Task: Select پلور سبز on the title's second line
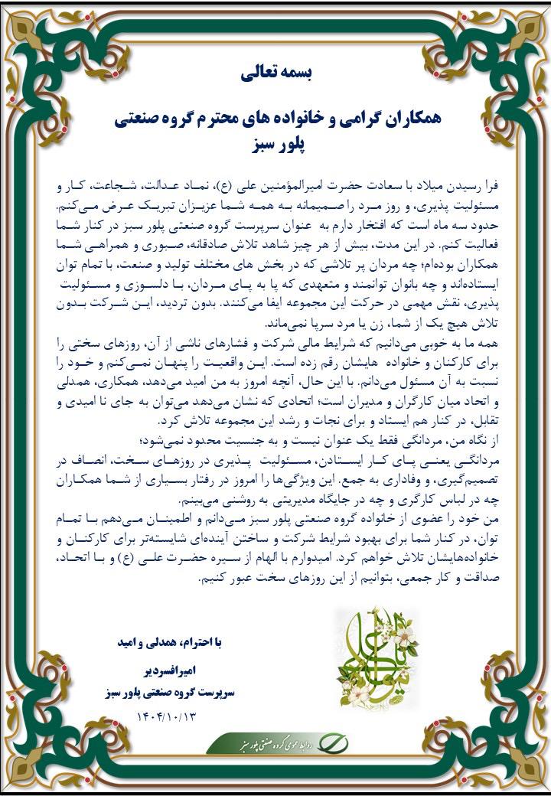coord(276,144)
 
